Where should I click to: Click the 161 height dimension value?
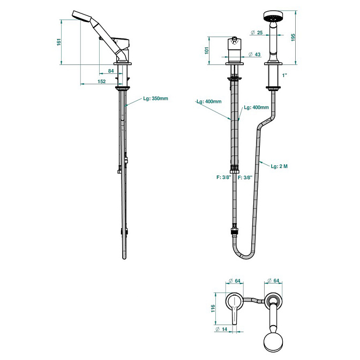coord(59,42)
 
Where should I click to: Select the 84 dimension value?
coord(111,71)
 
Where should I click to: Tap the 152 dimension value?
coord(102,81)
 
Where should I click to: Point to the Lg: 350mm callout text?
coord(156,99)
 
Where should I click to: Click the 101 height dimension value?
coord(207,50)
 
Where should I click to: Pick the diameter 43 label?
coord(255,55)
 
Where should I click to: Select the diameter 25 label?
coord(257,33)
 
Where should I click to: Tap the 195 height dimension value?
coord(293,37)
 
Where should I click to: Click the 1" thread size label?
coord(284,76)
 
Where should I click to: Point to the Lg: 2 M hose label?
coord(279,166)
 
